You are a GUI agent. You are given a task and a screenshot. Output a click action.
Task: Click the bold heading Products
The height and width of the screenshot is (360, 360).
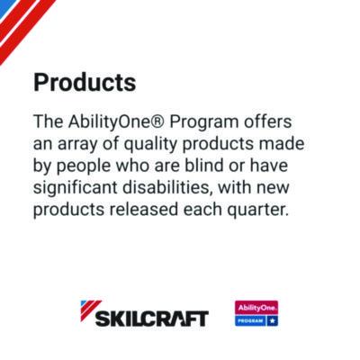point(85,83)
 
